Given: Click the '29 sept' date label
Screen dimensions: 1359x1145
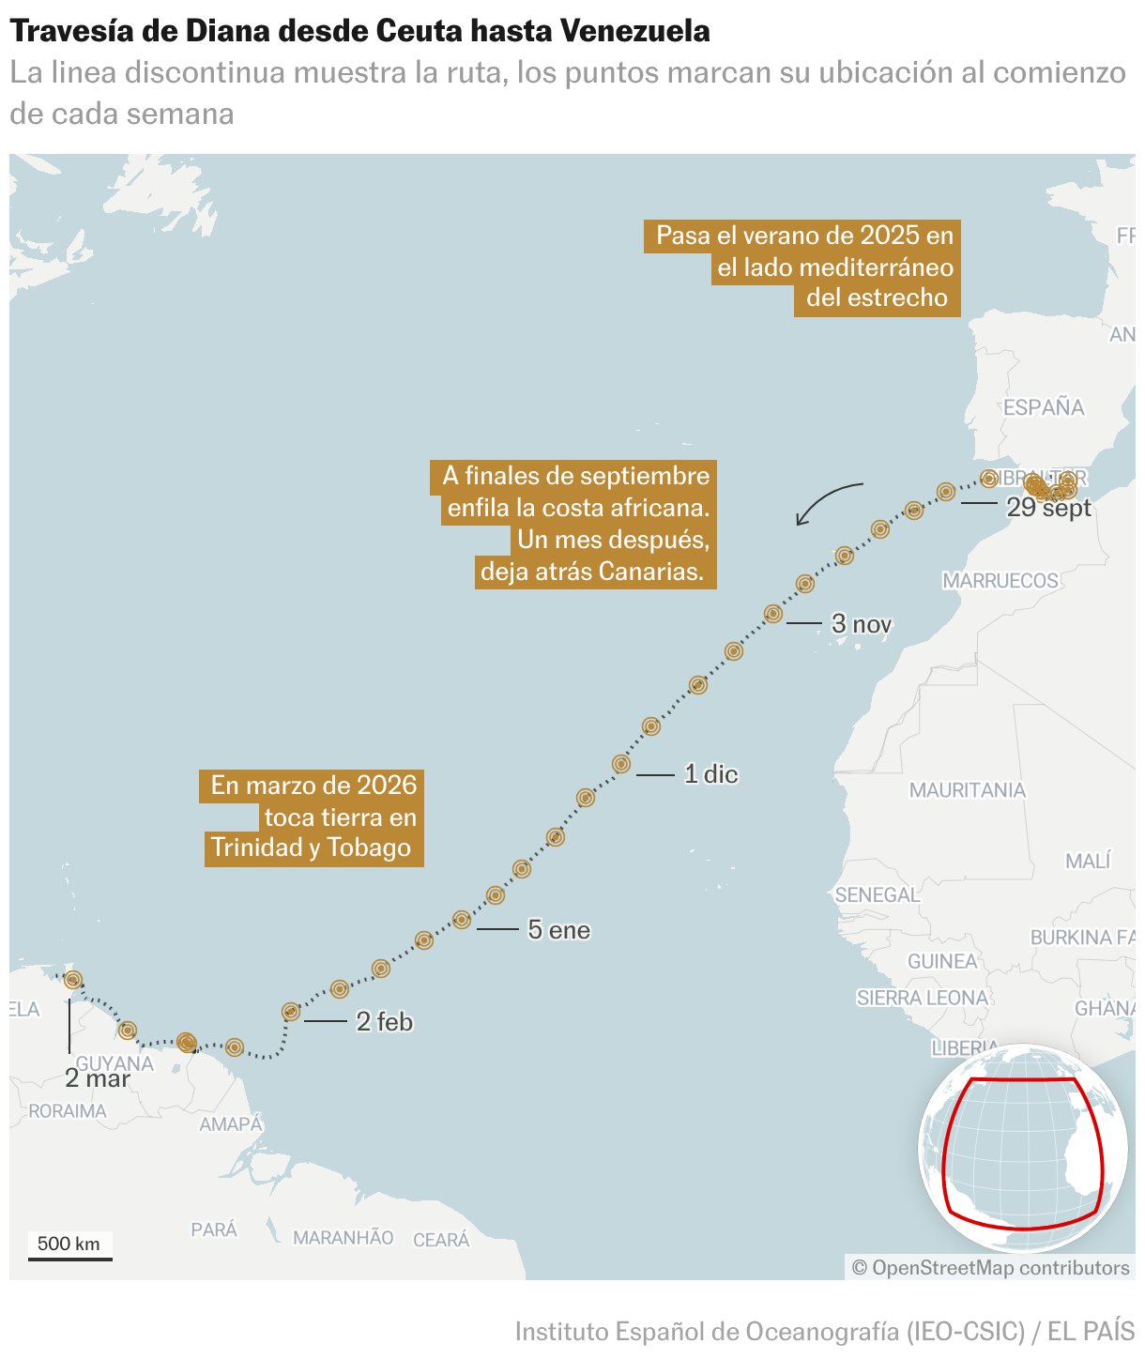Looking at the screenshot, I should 1048,508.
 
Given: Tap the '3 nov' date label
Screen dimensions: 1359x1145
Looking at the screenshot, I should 862,624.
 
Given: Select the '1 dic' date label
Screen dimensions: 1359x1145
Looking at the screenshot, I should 710,774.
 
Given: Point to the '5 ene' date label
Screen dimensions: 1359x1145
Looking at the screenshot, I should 558,930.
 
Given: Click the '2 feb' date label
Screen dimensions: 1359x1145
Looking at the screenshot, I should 384,1021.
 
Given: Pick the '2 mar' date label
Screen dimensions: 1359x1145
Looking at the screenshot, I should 98,1078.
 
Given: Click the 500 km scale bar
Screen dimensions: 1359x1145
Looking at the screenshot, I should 69,1247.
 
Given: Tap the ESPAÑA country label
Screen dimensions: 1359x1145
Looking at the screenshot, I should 1044,407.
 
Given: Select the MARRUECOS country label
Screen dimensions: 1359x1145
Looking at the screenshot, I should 1000,581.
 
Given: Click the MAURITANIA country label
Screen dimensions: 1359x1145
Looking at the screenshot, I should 967,790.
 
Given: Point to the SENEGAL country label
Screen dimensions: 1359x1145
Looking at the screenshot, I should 877,894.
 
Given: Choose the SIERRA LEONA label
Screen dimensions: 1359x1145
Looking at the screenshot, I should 923,998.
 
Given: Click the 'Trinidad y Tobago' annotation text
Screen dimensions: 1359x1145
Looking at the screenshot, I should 312,847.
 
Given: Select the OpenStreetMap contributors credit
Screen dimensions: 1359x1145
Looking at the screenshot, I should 990,1268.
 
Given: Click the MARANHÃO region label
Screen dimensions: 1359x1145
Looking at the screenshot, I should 343,1238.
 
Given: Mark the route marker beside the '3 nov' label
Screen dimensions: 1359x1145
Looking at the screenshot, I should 773,614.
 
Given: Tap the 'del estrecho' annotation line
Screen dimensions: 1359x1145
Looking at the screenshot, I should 877,298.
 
